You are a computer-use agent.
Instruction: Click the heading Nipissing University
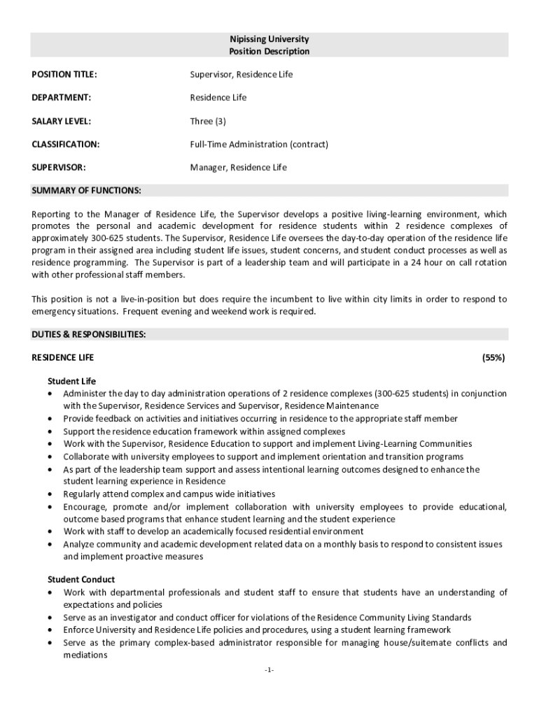click(269, 39)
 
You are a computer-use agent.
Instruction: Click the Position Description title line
click(269, 52)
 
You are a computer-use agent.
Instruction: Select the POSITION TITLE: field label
click(64, 74)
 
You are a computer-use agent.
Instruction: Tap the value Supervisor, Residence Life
click(241, 74)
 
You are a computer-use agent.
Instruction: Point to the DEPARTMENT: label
click(62, 97)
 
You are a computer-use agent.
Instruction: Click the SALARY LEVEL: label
click(62, 121)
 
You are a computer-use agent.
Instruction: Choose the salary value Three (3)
click(208, 121)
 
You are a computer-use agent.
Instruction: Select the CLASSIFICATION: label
click(66, 144)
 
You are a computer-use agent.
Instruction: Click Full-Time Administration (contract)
click(259, 144)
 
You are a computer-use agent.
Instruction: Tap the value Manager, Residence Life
click(239, 167)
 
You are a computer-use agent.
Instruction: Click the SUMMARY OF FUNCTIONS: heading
click(87, 190)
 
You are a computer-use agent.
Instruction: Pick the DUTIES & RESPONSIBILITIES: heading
click(89, 335)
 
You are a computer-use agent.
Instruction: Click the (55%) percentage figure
click(493, 358)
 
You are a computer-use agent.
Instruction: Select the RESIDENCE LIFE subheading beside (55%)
click(63, 358)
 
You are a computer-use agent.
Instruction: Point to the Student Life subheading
click(71, 382)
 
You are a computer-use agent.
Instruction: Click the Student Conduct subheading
click(81, 580)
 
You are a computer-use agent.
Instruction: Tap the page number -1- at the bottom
click(269, 670)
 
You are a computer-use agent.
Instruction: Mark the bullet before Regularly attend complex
click(50, 494)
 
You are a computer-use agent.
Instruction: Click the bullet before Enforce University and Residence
click(50, 630)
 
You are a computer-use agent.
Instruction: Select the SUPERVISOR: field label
click(59, 167)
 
